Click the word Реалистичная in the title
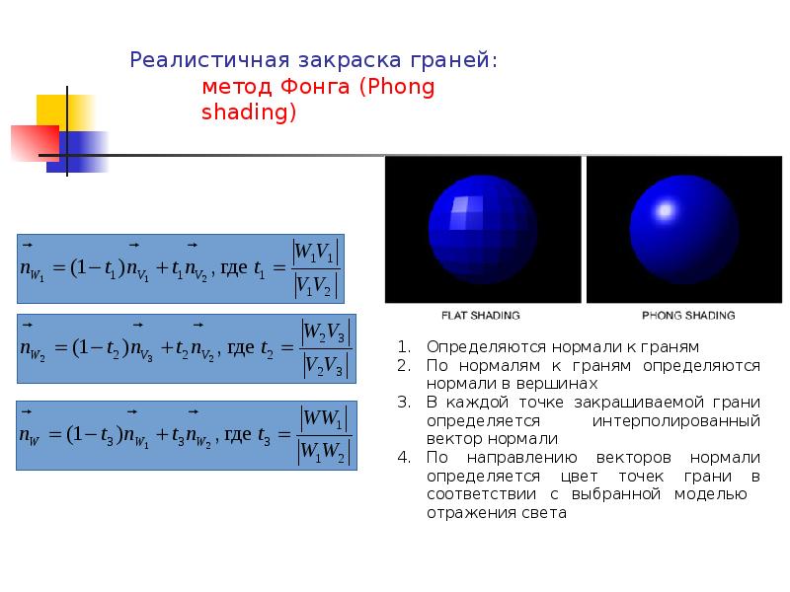[209, 60]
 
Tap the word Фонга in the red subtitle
[314, 87]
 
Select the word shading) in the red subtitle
[249, 111]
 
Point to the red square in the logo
[35, 143]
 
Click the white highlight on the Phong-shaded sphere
[665, 210]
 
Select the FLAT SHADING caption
[480, 316]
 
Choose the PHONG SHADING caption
[688, 316]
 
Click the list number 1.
[404, 347]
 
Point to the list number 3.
[404, 403]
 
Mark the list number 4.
[404, 457]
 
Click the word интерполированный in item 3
[676, 421]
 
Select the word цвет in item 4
[580, 477]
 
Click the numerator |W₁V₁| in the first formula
[316, 252]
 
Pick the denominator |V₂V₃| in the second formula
[326, 365]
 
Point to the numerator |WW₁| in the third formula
[324, 418]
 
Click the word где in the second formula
[241, 348]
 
